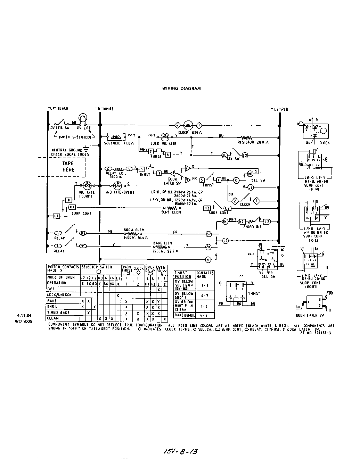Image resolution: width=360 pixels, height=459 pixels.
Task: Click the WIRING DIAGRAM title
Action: coord(181,89)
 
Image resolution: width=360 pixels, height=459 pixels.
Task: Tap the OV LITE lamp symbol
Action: coord(83,118)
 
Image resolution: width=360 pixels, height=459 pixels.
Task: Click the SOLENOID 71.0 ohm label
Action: coord(117,143)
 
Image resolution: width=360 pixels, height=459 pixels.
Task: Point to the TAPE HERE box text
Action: coord(68,167)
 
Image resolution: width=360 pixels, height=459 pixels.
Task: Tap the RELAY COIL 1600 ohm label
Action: coord(114,175)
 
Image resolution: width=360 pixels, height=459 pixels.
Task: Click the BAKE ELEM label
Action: coord(164,243)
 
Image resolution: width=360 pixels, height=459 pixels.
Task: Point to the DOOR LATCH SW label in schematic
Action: coord(172,181)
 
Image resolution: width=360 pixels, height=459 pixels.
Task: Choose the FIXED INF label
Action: coord(255,227)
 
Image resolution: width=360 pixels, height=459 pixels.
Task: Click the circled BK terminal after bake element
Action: coord(208,247)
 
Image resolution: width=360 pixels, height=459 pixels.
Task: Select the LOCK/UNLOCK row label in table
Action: coord(59,295)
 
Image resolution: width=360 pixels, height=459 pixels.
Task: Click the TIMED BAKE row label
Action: coord(58,312)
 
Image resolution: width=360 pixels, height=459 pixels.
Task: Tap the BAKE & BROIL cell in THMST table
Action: coord(185,315)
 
